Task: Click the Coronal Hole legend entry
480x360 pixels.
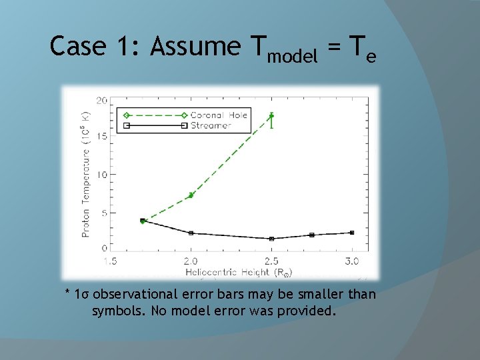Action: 219,115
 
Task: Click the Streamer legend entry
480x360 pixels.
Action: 211,125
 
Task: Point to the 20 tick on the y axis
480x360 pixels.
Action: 101,100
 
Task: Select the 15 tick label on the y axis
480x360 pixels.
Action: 101,137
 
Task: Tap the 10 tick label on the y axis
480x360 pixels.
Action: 101,175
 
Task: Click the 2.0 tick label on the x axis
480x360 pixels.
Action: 191,261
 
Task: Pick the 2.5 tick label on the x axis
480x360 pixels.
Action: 271,261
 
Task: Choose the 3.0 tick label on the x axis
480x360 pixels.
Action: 352,261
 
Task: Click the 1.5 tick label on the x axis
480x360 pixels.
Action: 111,261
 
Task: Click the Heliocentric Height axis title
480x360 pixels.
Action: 239,272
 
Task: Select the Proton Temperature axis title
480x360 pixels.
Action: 86,174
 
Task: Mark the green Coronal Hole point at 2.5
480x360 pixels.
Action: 271,116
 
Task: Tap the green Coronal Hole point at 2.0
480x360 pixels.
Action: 191,195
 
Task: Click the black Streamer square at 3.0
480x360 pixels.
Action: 352,233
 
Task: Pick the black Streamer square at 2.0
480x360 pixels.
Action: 191,233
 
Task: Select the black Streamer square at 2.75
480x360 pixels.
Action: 312,235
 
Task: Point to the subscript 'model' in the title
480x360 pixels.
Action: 292,57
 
